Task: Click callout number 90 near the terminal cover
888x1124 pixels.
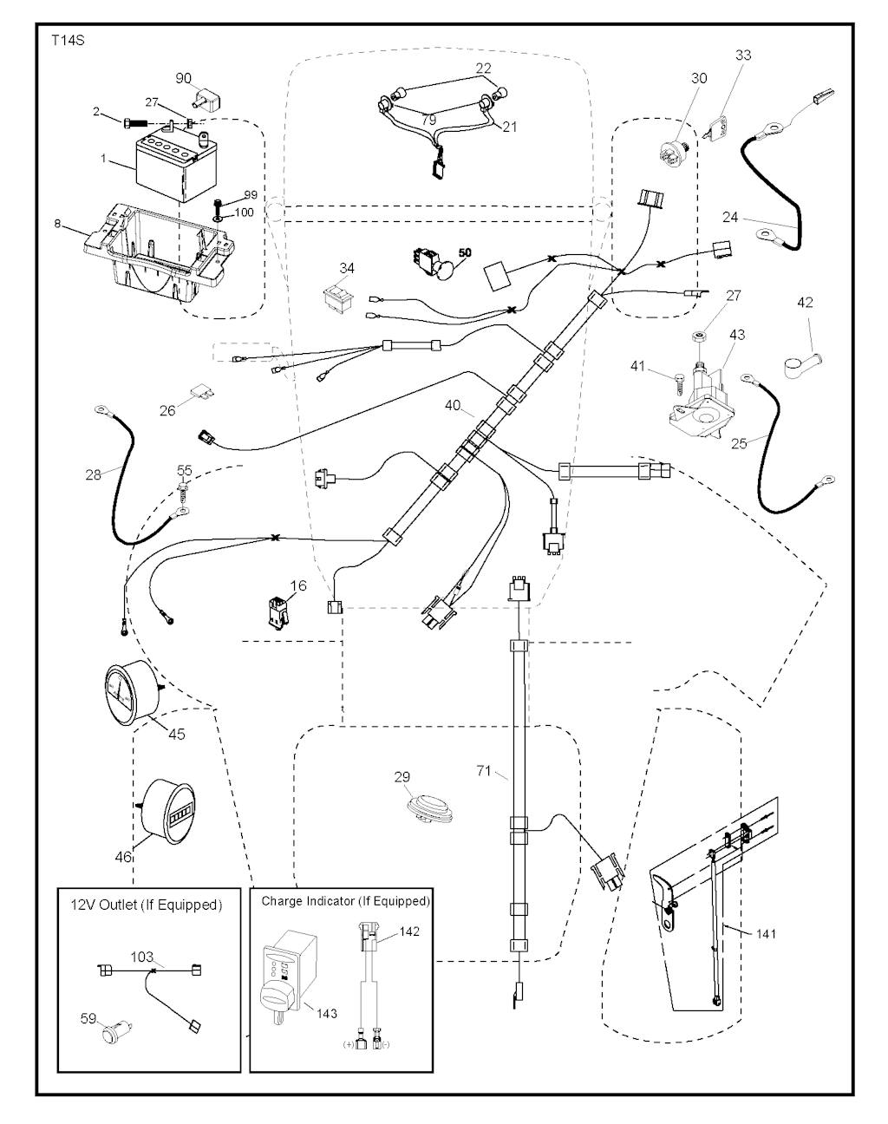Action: coord(184,78)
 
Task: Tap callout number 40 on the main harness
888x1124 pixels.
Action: coord(452,405)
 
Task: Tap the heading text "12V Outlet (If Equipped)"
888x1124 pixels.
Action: coord(146,905)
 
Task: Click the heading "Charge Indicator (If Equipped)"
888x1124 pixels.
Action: coord(345,901)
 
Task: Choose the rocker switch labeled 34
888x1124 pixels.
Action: coord(336,297)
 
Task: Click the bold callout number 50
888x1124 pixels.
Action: coord(465,252)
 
